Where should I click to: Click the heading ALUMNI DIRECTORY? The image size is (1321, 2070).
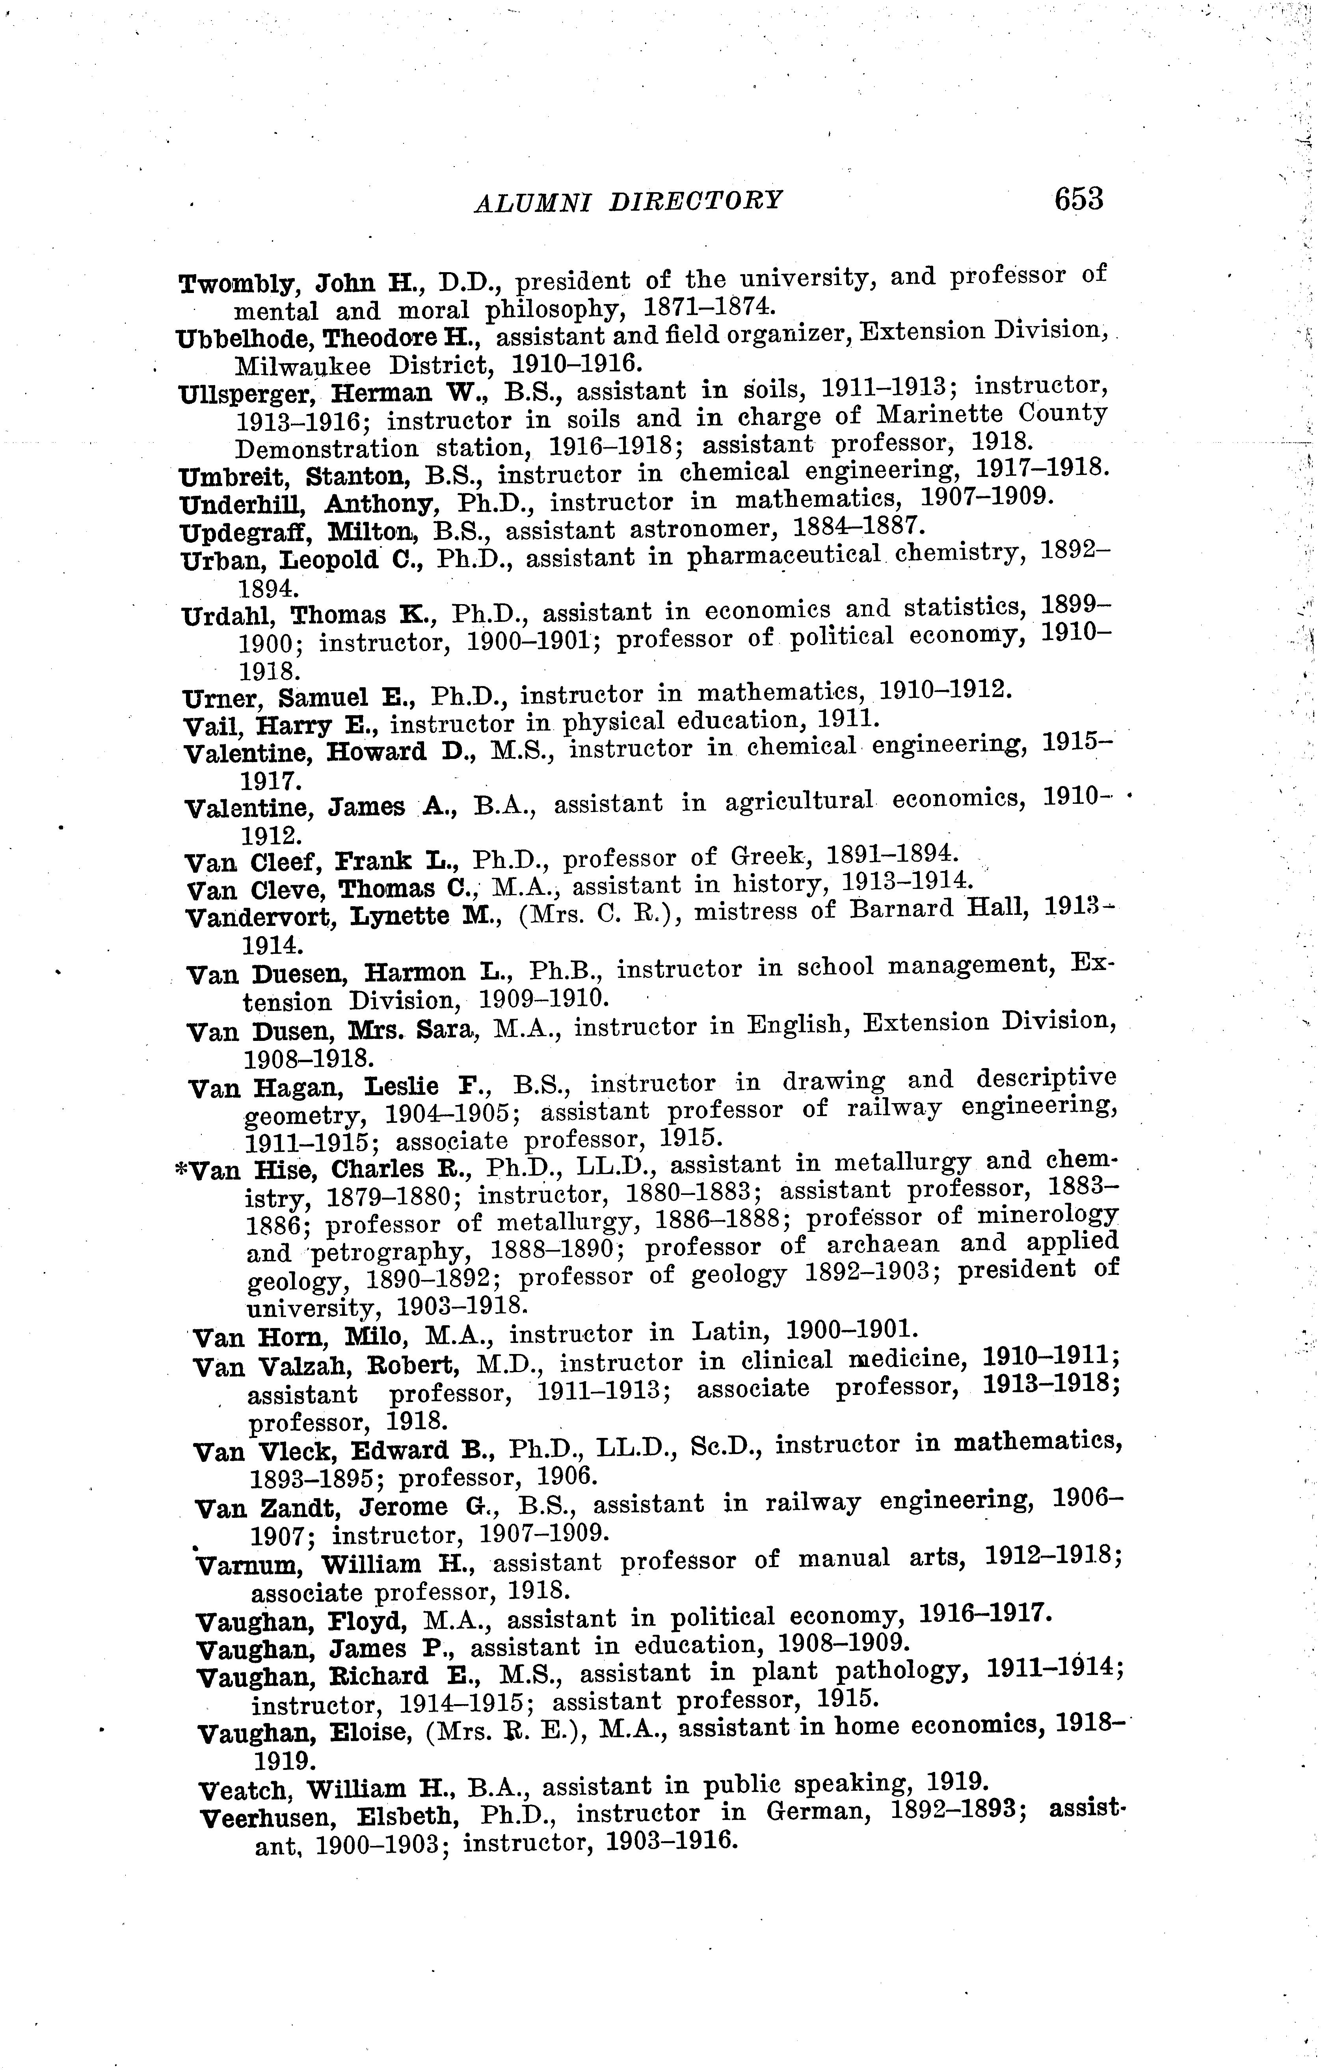(x=628, y=200)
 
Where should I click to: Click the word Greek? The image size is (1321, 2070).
(x=773, y=857)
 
